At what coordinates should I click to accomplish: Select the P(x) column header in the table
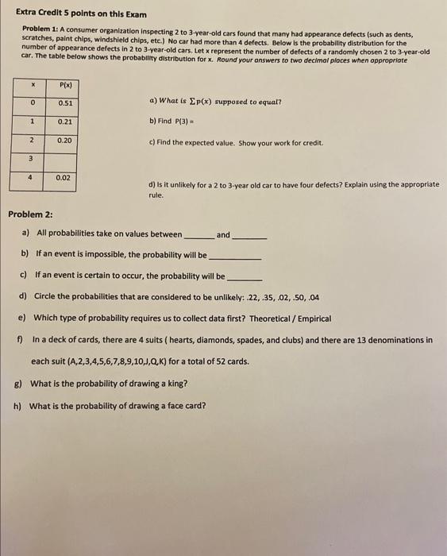66,84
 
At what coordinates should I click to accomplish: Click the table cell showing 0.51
66,103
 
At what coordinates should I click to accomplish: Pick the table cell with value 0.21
66,122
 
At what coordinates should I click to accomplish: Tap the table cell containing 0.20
66,141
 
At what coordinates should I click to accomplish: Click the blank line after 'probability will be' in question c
245,278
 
